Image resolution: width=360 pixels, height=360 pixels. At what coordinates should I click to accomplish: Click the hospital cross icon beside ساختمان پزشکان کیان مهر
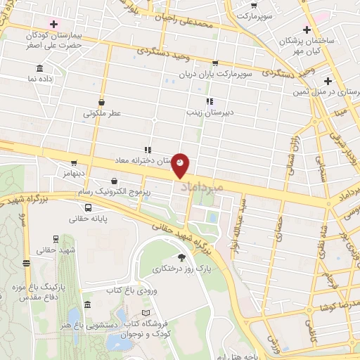306,29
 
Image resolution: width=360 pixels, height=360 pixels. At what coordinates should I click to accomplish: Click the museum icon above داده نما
40,69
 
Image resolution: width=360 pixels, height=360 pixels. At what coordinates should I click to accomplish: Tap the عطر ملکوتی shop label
103,112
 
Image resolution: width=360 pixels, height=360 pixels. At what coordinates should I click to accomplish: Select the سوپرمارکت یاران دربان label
225,73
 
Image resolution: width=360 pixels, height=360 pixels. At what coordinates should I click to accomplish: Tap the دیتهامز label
70,173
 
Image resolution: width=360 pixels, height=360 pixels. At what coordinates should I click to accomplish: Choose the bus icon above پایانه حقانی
88,207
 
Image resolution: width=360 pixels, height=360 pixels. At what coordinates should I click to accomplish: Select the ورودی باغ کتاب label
129,290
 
